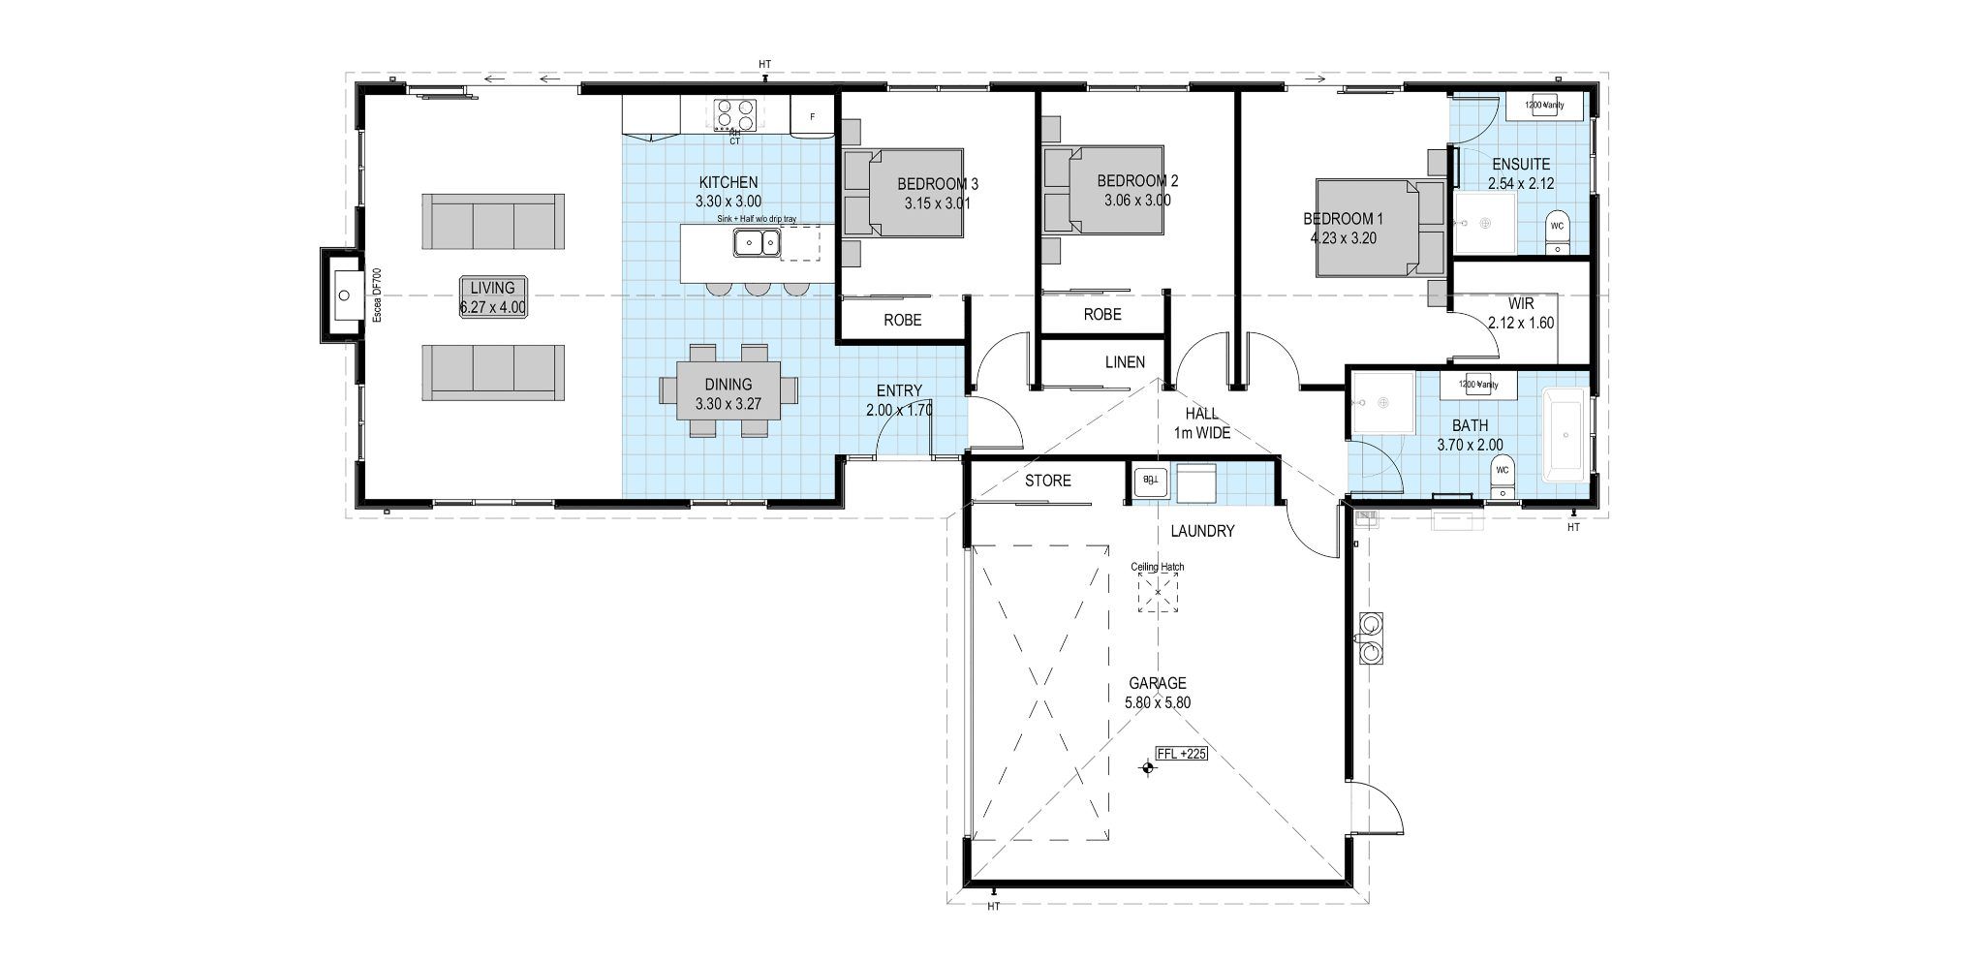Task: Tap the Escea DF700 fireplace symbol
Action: [343, 295]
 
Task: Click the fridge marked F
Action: [812, 116]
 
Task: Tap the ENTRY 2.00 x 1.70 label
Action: [899, 400]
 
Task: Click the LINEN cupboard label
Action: [1125, 362]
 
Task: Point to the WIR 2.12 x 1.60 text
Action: [1521, 313]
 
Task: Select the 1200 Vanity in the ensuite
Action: [1544, 105]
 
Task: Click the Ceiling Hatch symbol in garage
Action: [1158, 590]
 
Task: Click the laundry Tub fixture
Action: [1150, 479]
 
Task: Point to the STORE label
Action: [1047, 481]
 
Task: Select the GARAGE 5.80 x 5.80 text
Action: [1157, 692]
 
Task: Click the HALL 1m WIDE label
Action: [1201, 423]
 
